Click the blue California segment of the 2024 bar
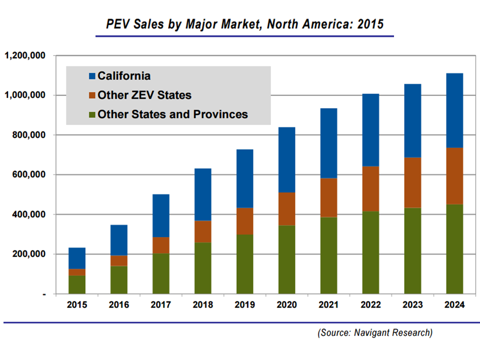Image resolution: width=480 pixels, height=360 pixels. coord(454,110)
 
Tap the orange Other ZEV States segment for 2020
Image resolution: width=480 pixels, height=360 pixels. coord(286,208)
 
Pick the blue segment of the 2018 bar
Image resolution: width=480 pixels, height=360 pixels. coord(203,194)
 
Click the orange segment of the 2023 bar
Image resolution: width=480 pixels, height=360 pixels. coord(412,182)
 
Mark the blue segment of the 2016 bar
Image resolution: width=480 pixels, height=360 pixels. coord(119,240)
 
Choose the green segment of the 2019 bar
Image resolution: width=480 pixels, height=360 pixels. coord(245,264)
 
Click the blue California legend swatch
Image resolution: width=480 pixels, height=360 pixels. coord(91,76)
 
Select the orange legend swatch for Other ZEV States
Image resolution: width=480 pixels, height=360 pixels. coord(91,95)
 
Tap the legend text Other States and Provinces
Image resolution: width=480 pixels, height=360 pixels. coord(172,114)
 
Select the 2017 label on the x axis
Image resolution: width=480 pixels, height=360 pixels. coord(161,305)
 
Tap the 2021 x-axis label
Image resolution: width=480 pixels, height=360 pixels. coord(328,305)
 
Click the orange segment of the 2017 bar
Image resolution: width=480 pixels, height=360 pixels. coord(161,245)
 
